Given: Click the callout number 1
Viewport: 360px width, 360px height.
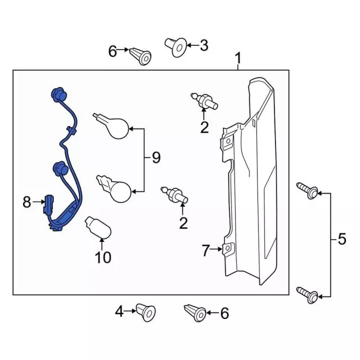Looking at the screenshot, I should tap(238, 58).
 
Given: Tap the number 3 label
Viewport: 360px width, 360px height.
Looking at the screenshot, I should tap(203, 45).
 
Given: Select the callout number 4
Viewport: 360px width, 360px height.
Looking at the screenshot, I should tap(119, 310).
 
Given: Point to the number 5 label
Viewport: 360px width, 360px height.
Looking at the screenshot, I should tap(342, 241).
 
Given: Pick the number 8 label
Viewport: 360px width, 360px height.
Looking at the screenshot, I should tap(27, 202).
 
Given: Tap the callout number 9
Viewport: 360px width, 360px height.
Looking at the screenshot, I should tap(156, 159).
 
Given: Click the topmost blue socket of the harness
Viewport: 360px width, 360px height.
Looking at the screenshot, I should tap(58, 95).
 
